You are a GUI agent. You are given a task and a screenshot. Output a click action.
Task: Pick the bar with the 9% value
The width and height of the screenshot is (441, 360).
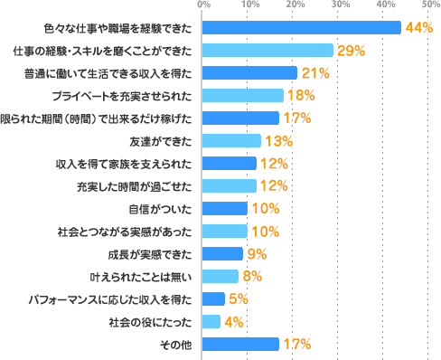point(222,254)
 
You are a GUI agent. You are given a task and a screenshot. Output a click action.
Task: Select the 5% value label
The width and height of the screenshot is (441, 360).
point(239,299)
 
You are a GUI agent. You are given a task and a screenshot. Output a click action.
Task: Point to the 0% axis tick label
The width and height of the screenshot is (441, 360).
point(203,7)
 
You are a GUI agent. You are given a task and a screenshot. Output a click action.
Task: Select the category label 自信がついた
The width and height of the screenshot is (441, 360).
point(164,209)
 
